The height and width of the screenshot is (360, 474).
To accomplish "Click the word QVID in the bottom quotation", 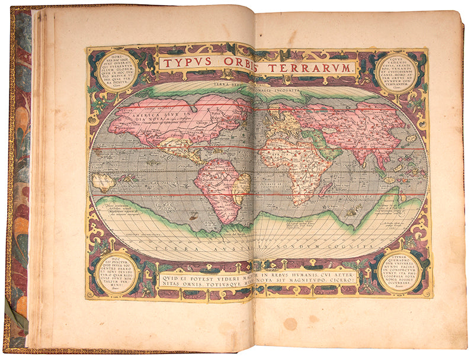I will click(x=167, y=275).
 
